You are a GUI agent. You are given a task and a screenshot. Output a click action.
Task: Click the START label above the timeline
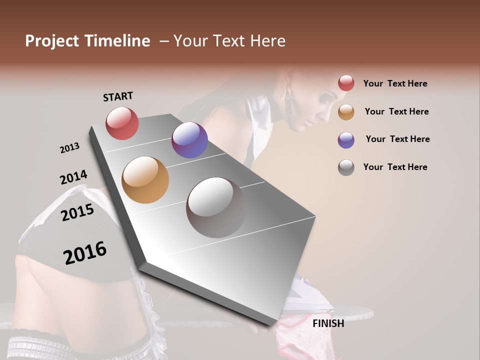118,96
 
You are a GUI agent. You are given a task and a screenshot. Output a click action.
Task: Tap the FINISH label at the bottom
328,323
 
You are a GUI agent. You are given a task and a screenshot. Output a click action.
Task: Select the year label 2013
69,148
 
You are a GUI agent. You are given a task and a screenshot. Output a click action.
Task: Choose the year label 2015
77,212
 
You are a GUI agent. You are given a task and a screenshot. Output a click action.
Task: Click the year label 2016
85,252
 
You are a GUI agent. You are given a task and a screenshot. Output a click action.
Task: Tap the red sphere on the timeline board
122,123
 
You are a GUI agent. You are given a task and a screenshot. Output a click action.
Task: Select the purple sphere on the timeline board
189,140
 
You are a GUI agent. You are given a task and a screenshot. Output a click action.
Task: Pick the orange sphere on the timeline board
145,179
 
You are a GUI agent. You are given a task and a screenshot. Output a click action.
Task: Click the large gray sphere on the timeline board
216,207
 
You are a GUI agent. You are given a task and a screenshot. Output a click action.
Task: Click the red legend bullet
346,83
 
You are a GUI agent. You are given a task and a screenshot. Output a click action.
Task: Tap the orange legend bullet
346,112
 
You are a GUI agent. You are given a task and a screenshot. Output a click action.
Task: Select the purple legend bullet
346,140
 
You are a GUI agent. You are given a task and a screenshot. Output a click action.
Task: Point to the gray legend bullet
346,167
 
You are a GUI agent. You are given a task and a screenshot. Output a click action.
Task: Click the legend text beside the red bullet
395,83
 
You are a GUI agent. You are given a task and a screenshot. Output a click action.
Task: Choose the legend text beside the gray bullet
395,167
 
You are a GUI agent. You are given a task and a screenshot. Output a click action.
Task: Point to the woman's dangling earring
288,107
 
